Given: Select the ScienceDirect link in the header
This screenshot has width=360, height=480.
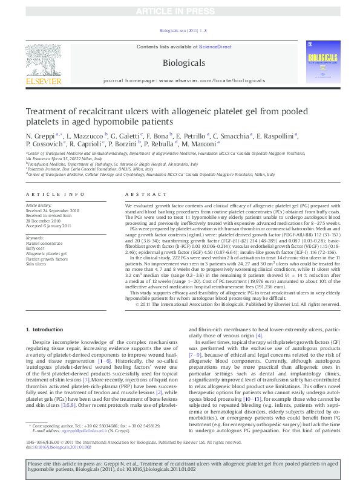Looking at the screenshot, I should (215, 47).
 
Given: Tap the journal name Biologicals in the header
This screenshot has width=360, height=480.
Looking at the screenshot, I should (184, 63).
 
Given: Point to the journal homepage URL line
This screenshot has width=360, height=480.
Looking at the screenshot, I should (185, 80).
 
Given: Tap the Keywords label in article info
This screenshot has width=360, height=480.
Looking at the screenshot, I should (35, 238).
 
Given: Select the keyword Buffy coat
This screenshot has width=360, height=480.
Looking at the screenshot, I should (36, 248).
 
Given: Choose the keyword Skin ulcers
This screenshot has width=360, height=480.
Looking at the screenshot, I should (36, 264).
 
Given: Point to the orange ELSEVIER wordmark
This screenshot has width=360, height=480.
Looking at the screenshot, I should (43, 82).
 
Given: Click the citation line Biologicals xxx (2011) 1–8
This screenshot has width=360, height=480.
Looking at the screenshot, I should (183, 30).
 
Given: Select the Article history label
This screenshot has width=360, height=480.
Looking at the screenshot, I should (39, 206).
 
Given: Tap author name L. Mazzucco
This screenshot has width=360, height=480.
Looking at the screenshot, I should (85, 137).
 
